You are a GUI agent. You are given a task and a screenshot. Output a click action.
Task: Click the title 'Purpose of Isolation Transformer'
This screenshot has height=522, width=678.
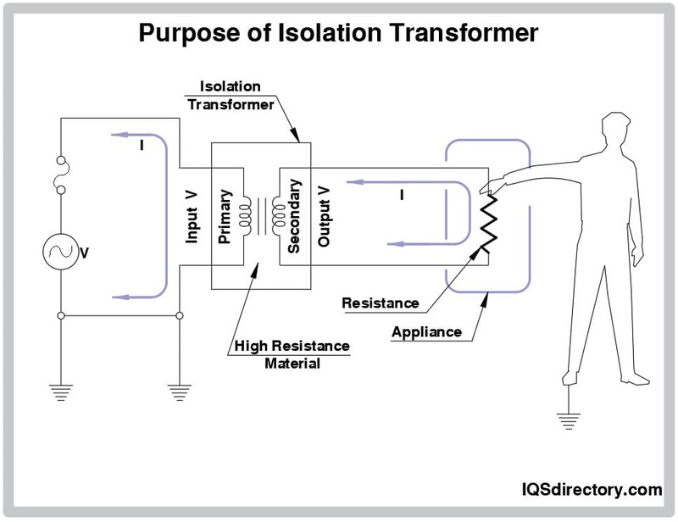coord(338,33)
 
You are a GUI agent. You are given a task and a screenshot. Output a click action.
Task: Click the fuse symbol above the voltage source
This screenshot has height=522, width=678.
coord(62,175)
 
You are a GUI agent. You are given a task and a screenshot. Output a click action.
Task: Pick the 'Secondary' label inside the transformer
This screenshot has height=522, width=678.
coord(294,215)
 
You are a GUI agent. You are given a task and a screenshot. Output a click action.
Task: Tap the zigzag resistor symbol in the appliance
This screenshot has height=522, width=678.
coord(486,218)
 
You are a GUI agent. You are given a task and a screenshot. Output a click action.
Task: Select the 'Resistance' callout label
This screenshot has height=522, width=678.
coord(380,303)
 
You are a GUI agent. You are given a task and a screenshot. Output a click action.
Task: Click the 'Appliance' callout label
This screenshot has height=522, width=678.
coord(426,331)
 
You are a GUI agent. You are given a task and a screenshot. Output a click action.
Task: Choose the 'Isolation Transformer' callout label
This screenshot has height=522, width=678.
coord(236,96)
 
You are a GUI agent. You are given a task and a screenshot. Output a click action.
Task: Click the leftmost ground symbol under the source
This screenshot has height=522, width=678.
coord(62,391)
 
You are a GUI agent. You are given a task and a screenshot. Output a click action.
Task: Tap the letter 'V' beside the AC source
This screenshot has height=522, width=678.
coord(85,253)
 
